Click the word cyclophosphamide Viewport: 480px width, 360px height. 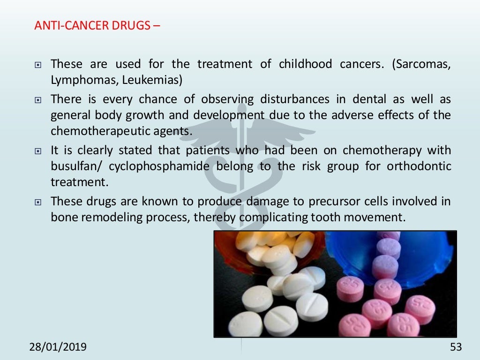[160, 166]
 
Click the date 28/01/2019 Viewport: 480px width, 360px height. [58, 347]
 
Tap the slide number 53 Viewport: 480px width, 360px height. [456, 347]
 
